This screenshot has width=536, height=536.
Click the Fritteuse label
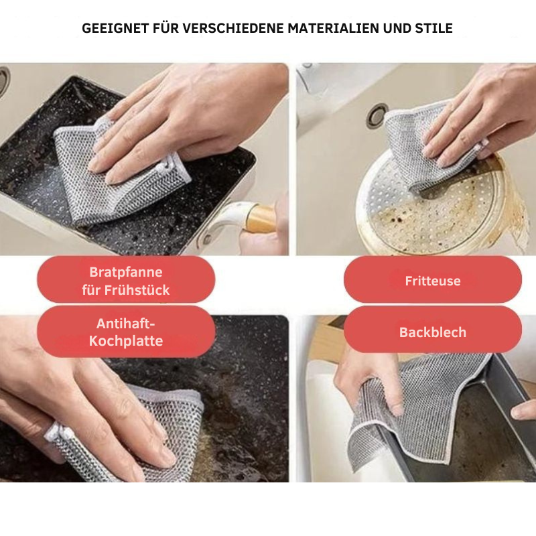tap(433, 281)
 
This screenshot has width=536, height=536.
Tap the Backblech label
tap(433, 332)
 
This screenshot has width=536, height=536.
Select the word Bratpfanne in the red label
tap(126, 272)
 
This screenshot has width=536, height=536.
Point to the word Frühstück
tap(137, 290)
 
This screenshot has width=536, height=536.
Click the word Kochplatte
tap(126, 341)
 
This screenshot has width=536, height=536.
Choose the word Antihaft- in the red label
tap(126, 324)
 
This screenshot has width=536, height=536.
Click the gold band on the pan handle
tap(260, 218)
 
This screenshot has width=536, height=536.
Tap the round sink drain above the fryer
tap(377, 115)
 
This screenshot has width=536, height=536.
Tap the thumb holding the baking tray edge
tap(523, 409)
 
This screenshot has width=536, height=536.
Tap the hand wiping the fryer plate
tap(478, 116)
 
